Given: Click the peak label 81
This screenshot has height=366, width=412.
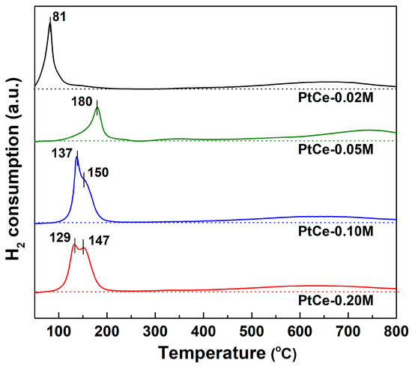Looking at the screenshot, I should point(60,15).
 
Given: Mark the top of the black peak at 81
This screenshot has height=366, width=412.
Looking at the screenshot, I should point(50,22).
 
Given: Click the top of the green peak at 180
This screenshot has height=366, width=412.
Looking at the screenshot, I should point(97,108).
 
